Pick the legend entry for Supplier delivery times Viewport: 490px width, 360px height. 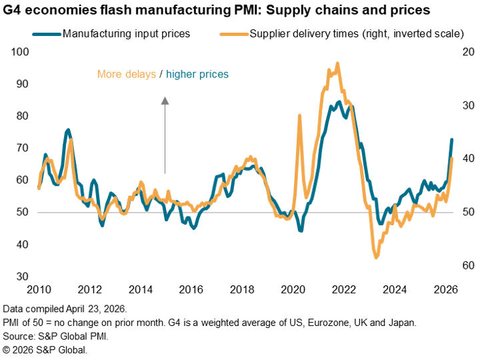(x=357, y=33)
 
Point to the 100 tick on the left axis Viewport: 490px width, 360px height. (x=21, y=52)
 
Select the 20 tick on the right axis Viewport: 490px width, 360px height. (x=467, y=52)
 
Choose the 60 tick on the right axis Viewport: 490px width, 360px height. (x=467, y=265)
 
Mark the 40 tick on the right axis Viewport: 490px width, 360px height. (x=467, y=159)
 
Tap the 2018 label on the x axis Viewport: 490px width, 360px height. (x=241, y=290)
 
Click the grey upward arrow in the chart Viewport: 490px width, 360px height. (x=165, y=133)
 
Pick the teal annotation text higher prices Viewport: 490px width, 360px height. (x=197, y=74)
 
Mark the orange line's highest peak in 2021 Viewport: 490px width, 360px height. (x=337, y=64)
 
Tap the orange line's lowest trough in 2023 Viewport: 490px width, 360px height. (x=376, y=257)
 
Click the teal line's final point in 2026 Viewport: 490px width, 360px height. (x=451, y=140)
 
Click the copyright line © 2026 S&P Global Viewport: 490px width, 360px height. (x=45, y=349)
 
